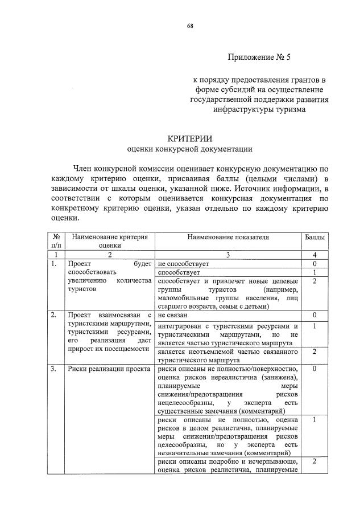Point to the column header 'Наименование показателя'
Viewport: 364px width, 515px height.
[227, 236]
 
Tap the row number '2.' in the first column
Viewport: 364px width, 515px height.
[53, 315]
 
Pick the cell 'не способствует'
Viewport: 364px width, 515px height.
[184, 264]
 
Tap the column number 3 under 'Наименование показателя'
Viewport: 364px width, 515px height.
[227, 255]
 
